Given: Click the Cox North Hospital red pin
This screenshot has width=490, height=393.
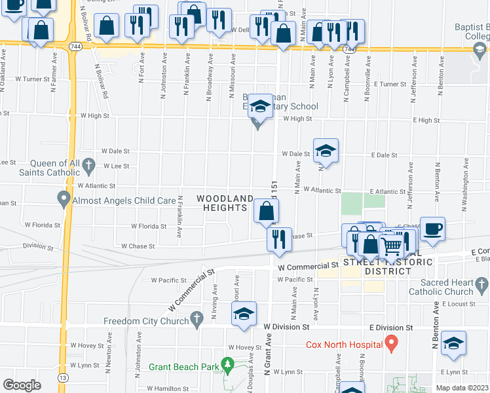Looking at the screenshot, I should pos(391,343).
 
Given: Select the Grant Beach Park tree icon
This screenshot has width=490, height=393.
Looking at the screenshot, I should pos(227,364).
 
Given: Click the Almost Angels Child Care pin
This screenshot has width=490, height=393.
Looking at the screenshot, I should pos(64,197).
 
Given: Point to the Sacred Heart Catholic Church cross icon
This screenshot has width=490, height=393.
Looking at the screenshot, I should pos(482,284).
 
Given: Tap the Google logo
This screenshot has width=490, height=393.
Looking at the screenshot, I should pos(22,385).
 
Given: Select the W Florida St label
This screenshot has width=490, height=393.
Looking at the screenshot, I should pos(149,226).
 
